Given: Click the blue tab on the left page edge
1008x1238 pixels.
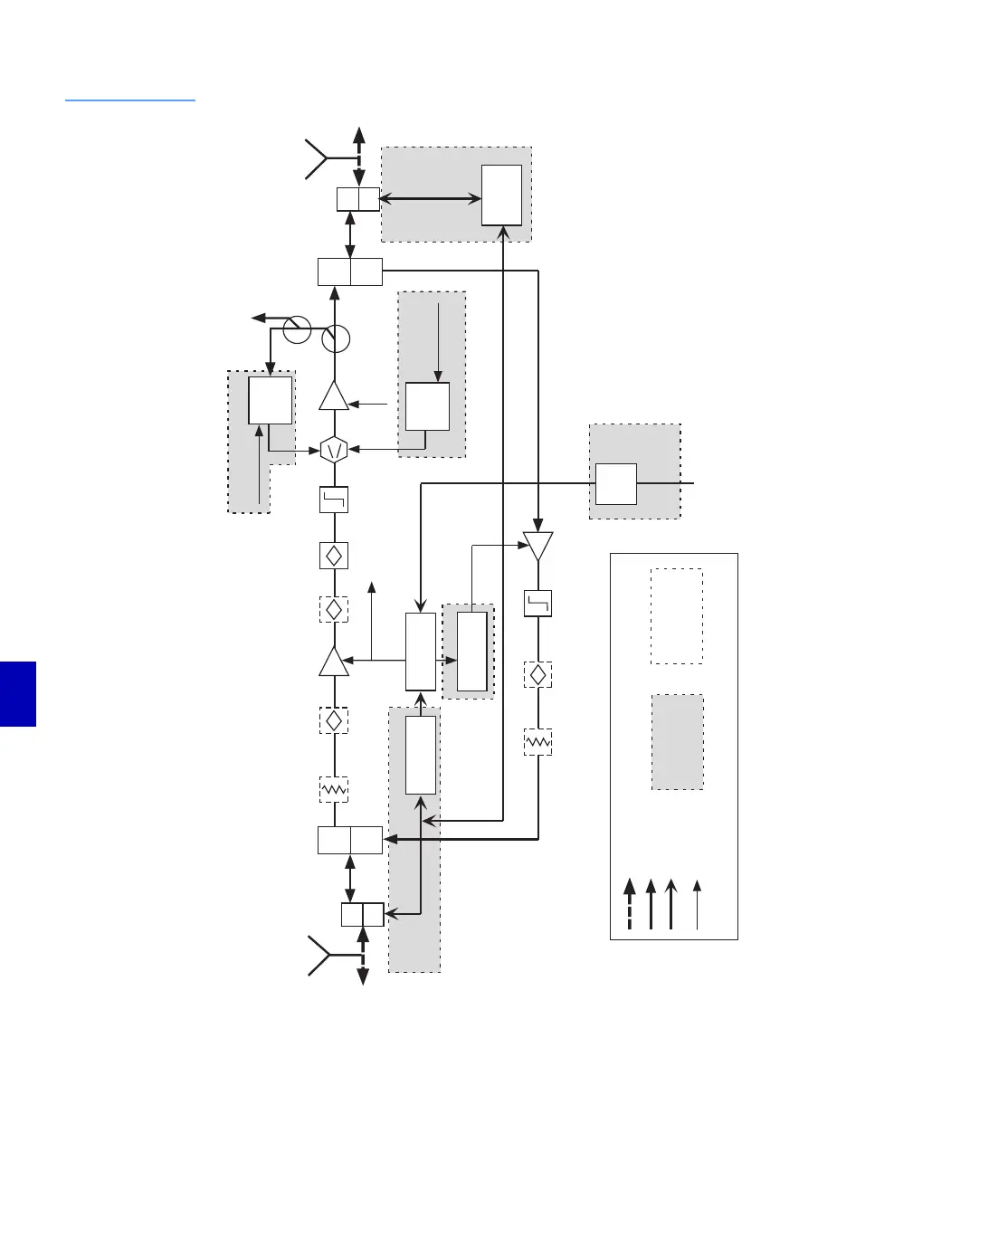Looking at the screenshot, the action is (x=18, y=693).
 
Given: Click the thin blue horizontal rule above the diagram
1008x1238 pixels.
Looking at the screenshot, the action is (x=130, y=100).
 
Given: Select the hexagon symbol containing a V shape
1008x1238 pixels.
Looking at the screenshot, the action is (x=335, y=449).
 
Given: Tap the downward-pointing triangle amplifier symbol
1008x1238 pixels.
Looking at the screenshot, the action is (x=537, y=546).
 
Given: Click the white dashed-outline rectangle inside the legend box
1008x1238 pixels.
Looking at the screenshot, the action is (x=677, y=615).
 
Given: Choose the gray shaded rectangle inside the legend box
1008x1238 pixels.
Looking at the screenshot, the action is (x=677, y=742).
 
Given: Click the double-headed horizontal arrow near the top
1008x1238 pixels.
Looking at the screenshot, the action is (x=430, y=198).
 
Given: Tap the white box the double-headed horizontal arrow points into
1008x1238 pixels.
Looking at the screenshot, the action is (x=501, y=195).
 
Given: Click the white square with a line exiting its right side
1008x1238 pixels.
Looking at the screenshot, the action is (x=615, y=484).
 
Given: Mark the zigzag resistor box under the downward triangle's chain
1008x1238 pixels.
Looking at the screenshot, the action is (x=537, y=742).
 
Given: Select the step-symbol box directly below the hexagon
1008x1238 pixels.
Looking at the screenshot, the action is (x=334, y=500).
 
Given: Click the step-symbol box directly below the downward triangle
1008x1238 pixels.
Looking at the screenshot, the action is (x=537, y=604).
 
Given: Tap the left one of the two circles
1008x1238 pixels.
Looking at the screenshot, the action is (x=297, y=330).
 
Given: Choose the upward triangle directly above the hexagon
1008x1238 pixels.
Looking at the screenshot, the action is (x=334, y=396).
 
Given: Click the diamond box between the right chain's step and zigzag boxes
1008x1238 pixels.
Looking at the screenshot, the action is (x=537, y=674).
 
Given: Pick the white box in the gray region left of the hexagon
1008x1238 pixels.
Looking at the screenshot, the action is (x=271, y=400).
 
